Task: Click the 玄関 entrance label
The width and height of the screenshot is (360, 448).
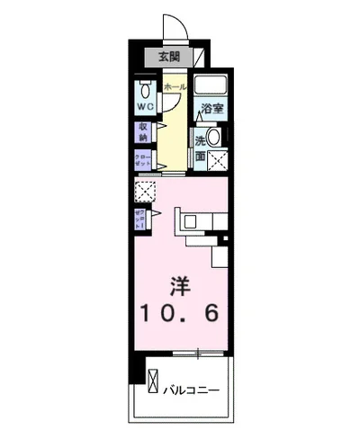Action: pyautogui.click(x=168, y=57)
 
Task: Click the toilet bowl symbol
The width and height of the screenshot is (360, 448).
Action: pyautogui.click(x=144, y=90)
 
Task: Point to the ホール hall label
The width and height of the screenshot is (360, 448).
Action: pyautogui.click(x=175, y=86)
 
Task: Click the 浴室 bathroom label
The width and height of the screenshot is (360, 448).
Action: pyautogui.click(x=212, y=109)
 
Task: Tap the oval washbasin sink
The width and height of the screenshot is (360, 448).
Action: pyautogui.click(x=212, y=137)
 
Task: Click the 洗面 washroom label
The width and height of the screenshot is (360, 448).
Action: pyautogui.click(x=200, y=148)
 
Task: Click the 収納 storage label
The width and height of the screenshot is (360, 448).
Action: pyautogui.click(x=143, y=132)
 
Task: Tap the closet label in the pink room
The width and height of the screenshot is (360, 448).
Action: pyautogui.click(x=140, y=219)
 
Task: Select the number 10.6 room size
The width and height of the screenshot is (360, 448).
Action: pyautogui.click(x=179, y=315)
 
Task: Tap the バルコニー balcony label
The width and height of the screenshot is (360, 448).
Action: pyautogui.click(x=193, y=390)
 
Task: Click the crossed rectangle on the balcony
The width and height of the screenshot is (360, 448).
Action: pyautogui.click(x=151, y=381)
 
